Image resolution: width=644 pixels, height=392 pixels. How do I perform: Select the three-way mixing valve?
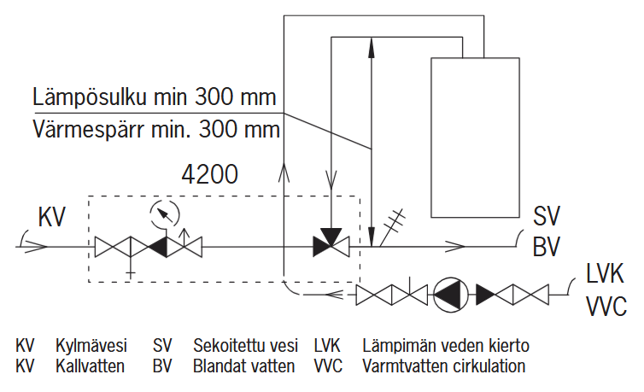(330, 246)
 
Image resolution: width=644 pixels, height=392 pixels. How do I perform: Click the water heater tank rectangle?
(476, 137)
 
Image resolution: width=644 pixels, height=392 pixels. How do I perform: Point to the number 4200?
(209, 175)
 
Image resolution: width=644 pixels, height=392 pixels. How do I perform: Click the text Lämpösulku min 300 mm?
(155, 95)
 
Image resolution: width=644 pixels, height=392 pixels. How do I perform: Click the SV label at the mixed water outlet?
(546, 216)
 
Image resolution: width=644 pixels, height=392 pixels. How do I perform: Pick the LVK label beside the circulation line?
(605, 275)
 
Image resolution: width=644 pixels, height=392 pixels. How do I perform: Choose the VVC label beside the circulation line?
(606, 305)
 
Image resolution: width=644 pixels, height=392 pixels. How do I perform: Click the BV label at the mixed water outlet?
(546, 247)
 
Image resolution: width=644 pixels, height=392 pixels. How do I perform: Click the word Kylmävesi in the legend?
(91, 346)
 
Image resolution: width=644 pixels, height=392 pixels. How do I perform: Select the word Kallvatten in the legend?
(91, 366)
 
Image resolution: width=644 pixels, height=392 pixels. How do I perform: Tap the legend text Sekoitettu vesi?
(245, 346)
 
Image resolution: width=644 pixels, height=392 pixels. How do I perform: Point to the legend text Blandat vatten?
(243, 366)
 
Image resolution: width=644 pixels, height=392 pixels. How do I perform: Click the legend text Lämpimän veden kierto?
(445, 346)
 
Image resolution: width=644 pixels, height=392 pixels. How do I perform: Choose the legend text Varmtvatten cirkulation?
(443, 366)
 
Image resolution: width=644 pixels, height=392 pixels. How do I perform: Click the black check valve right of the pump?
(487, 295)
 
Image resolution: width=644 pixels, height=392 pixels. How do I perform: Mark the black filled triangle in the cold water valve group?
(159, 247)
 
